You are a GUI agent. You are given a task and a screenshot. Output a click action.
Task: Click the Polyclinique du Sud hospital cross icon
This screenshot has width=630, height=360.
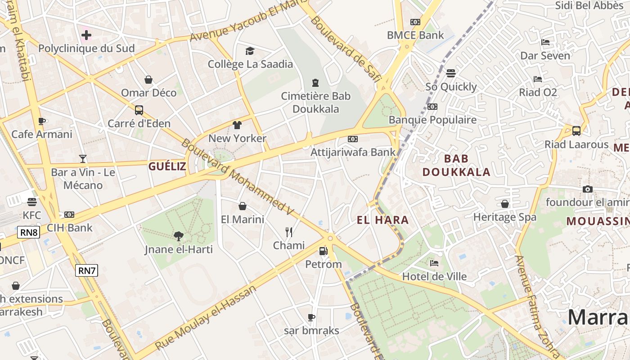(86, 35)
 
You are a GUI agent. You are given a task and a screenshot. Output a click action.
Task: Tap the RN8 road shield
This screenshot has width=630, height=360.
(29, 232)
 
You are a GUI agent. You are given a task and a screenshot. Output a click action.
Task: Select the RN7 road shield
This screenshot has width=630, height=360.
(86, 270)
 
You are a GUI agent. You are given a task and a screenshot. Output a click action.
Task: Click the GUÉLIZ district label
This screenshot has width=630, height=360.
(167, 166)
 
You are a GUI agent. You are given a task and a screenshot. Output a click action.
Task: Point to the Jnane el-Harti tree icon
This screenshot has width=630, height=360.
(179, 236)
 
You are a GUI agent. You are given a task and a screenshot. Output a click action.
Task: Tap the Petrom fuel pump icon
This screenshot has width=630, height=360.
(323, 251)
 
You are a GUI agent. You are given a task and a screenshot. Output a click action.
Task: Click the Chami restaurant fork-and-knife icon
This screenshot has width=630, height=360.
(289, 232)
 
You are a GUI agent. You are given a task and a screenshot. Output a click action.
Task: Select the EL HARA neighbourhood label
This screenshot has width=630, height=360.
(382, 220)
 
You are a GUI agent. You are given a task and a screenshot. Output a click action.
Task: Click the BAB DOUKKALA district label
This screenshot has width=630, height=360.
(456, 165)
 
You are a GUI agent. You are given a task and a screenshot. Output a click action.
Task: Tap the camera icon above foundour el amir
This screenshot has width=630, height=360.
(587, 189)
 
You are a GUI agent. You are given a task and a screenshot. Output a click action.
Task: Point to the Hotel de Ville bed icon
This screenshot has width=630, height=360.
(434, 263)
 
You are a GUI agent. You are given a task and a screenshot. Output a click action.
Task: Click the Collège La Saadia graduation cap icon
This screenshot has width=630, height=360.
(250, 51)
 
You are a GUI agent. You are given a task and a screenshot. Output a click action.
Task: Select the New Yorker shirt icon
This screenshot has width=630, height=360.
(237, 125)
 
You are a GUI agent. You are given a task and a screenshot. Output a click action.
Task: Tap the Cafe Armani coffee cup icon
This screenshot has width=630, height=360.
(42, 121)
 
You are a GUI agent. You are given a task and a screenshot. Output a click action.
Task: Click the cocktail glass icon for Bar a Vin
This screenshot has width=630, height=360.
(83, 158)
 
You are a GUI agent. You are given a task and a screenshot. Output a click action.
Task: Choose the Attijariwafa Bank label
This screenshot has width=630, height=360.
(353, 152)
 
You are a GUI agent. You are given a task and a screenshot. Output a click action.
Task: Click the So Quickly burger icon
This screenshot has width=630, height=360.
(451, 73)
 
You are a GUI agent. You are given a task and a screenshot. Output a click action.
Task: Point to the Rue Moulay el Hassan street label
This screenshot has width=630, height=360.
(206, 318)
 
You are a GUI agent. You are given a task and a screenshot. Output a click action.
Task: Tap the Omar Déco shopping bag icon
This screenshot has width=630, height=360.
(148, 80)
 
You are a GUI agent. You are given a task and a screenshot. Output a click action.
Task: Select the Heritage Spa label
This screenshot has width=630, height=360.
(504, 217)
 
